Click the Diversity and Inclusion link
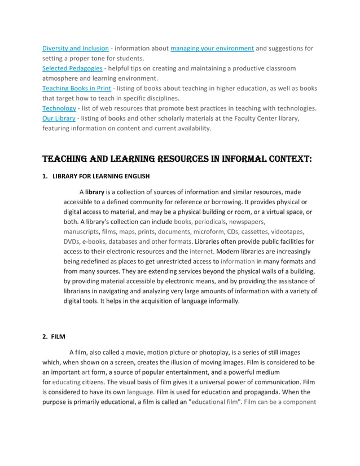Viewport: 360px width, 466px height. point(76,49)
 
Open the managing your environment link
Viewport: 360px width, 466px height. point(212,49)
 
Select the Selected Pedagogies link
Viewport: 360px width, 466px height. point(72,68)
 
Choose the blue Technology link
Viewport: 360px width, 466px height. point(59,108)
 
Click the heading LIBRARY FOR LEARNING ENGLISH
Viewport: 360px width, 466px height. point(101,176)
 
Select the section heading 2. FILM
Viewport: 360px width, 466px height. point(54,337)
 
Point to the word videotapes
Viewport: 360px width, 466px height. point(287,231)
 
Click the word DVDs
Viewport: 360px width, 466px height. point(72,241)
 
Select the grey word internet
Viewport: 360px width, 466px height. point(201,251)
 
